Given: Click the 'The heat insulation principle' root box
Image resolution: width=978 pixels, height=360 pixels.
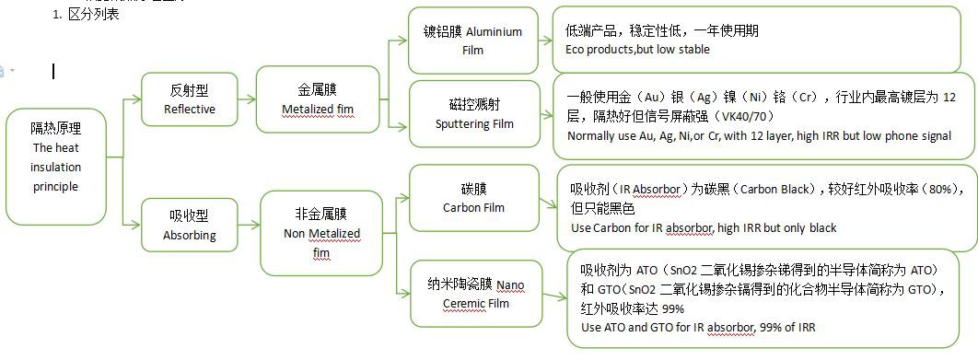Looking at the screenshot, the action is click(56, 167).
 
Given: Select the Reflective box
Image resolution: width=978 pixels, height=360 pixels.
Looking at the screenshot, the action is click(190, 99).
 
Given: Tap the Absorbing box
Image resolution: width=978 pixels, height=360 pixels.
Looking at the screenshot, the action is click(190, 226).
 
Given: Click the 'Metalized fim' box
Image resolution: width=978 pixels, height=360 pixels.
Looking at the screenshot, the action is click(318, 99).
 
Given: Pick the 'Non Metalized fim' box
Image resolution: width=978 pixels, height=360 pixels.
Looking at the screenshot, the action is click(321, 233).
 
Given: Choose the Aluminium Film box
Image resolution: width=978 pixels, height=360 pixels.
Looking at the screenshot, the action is click(473, 41).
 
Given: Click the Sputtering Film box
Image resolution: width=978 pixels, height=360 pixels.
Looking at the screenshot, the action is click(474, 113).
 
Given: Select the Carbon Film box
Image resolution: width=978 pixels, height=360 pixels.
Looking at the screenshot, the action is click(474, 198).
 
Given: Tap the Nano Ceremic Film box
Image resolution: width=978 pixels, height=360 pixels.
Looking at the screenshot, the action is click(476, 294).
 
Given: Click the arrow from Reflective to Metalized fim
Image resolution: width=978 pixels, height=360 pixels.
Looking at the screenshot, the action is click(247, 99).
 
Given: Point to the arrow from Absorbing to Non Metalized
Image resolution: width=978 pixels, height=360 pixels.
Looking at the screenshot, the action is click(250, 226).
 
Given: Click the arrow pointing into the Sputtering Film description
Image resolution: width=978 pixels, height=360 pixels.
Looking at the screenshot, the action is click(546, 115).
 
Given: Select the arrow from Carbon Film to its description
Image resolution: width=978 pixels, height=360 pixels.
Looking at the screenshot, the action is click(548, 203).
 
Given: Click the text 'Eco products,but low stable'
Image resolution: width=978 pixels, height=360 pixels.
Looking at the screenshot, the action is click(637, 50).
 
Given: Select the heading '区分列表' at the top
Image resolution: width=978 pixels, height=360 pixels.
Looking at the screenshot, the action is click(94, 14).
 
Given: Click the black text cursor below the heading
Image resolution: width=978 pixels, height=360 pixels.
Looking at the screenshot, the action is click(53, 72).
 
